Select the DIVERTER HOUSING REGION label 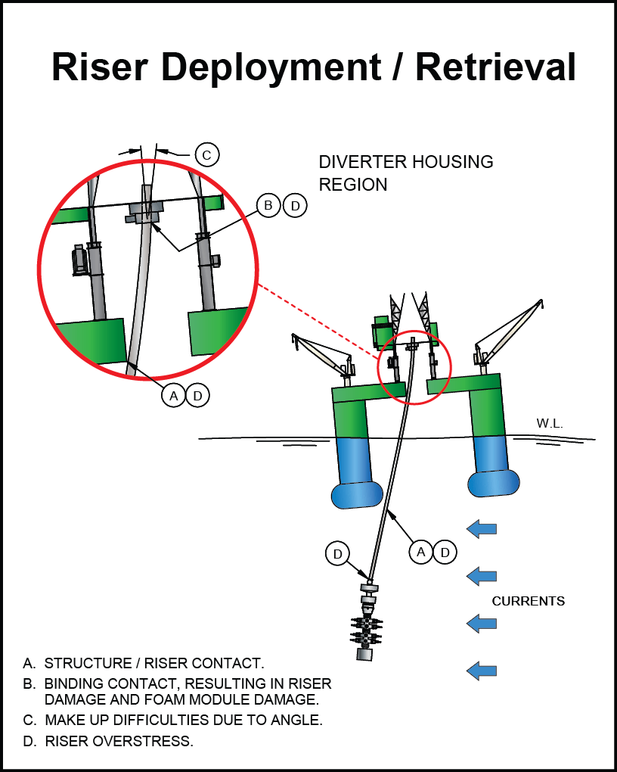(405, 173)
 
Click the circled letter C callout (206, 154)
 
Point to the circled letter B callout (268, 205)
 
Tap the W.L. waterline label (550, 424)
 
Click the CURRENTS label (529, 602)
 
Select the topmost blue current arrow (482, 528)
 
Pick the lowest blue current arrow (482, 670)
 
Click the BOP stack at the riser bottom (367, 624)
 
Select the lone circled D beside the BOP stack (337, 555)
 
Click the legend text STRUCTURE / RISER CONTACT (154, 664)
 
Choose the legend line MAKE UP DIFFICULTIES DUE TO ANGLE (184, 721)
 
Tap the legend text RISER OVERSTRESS (119, 741)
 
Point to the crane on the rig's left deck (321, 356)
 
